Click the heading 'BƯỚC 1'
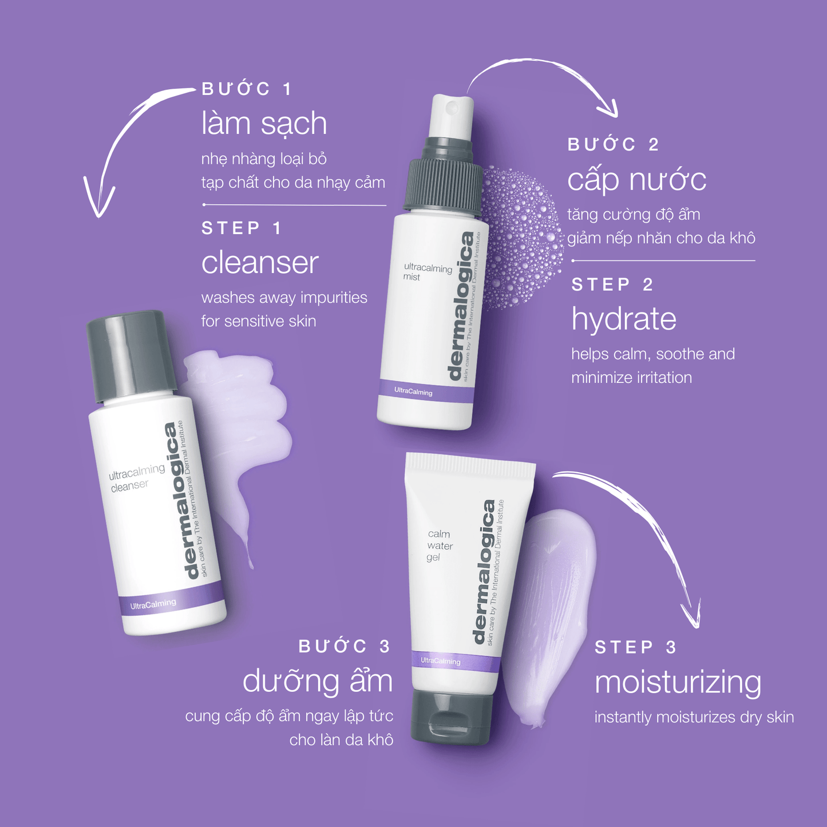tap(247, 89)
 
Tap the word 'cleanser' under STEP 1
tap(260, 263)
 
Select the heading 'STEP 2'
tap(612, 284)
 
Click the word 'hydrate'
tap(624, 320)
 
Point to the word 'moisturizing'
tap(678, 682)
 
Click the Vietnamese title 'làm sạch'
tap(264, 124)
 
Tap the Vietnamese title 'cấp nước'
tap(636, 179)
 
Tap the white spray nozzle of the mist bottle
tap(450, 116)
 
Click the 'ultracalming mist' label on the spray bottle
tap(428, 272)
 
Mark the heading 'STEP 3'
tap(635, 648)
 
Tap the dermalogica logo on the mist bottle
tap(461, 306)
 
